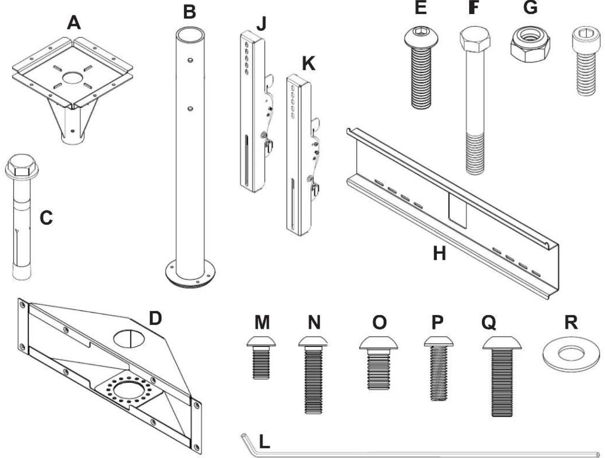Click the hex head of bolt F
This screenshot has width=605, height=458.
pyautogui.click(x=475, y=38)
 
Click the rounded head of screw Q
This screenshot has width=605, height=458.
pyautogui.click(x=502, y=343)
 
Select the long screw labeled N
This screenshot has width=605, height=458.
pyautogui.click(x=314, y=373)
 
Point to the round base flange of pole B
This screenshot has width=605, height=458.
pyautogui.click(x=191, y=275)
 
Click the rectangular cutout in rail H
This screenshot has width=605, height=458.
pyautogui.click(x=458, y=210)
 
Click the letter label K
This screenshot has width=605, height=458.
pyautogui.click(x=308, y=64)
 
